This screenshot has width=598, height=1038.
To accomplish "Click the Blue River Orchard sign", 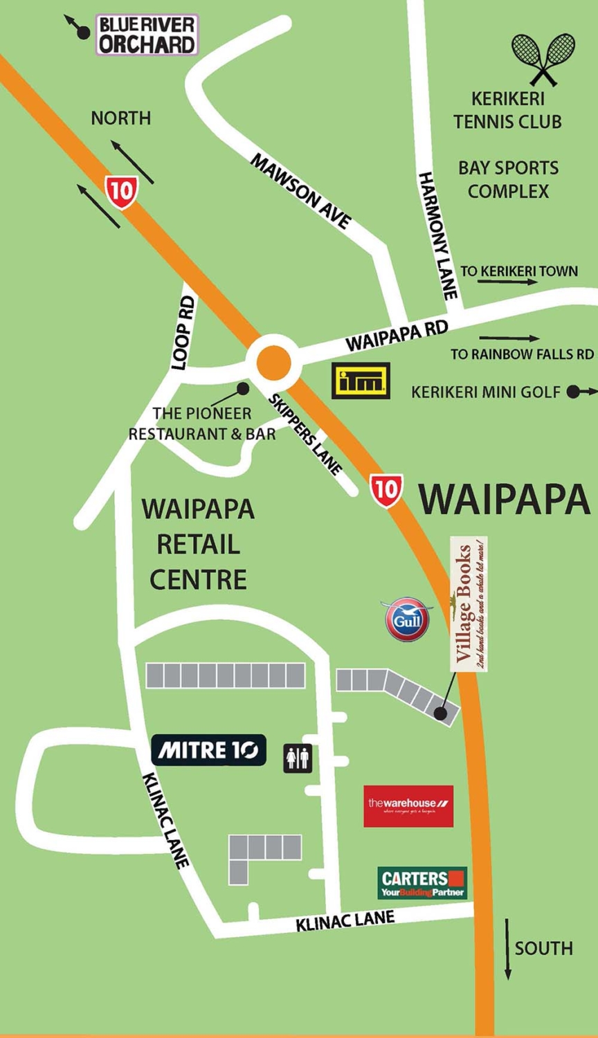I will coord(147,35).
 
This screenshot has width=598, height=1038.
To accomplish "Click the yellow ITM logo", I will coord(361,380).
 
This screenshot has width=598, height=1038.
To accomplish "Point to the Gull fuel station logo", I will coord(408,619).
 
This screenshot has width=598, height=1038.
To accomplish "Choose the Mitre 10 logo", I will coord(208,749).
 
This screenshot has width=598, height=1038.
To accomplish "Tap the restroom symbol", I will coord(298,758).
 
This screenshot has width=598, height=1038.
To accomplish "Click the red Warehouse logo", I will coord(408,805).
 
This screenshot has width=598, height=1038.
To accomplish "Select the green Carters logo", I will coord(422,883).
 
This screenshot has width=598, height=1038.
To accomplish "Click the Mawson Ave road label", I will coord(300,191).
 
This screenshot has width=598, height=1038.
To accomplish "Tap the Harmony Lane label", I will coord(438,235).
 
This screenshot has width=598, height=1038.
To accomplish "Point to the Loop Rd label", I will coord(183,333).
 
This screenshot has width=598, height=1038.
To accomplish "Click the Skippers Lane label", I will coord(305,435).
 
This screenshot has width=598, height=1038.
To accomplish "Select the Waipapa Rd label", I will coord(397,335).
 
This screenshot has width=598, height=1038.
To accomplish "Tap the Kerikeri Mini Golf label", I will coord(486,392).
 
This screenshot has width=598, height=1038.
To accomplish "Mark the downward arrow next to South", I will coord(507,949).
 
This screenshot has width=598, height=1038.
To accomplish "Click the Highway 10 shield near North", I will coord(122,192).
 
